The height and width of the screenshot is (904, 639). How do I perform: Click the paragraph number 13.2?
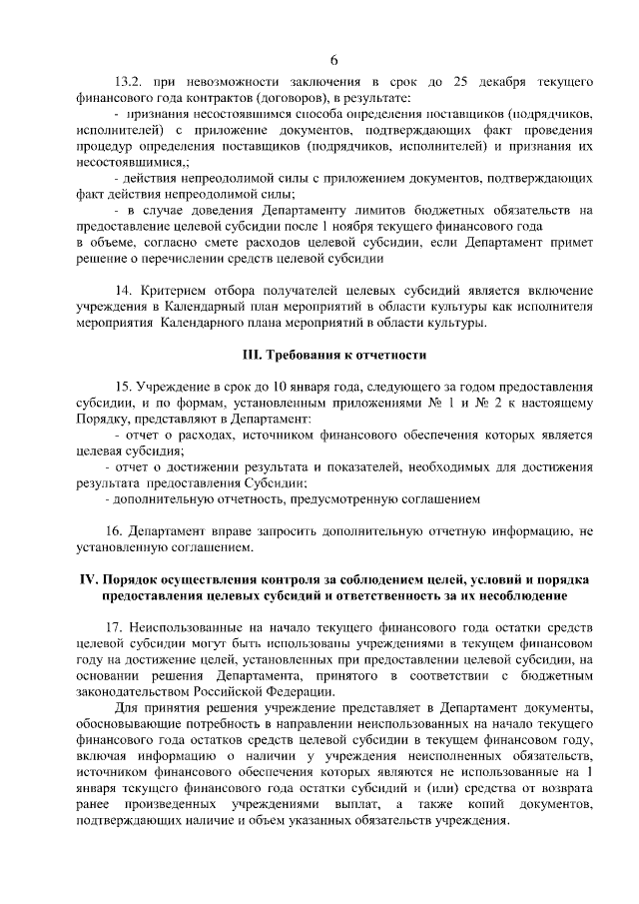131,79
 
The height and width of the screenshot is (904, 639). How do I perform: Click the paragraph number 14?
124,290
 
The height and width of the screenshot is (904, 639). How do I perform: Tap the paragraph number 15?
124,387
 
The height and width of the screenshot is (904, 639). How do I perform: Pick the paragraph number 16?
124,531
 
